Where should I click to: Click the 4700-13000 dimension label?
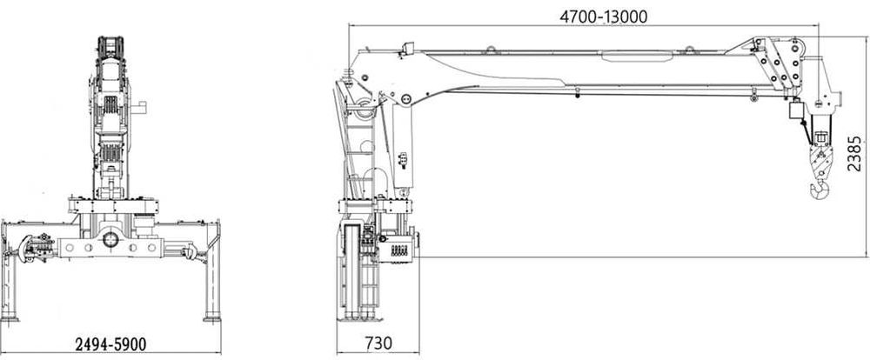(603, 17)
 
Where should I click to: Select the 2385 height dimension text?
(855, 154)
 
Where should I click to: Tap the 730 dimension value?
(378, 343)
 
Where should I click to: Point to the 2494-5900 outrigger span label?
(110, 344)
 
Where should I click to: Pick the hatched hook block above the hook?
(821, 161)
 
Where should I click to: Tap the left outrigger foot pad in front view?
(10, 318)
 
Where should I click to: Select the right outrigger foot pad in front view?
(212, 318)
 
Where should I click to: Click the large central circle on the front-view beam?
(110, 240)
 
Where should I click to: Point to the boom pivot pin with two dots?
(405, 100)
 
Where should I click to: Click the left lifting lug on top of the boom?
(491, 50)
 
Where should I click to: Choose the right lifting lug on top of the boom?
(689, 50)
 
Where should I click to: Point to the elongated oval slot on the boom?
(637, 56)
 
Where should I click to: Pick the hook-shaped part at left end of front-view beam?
(25, 248)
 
